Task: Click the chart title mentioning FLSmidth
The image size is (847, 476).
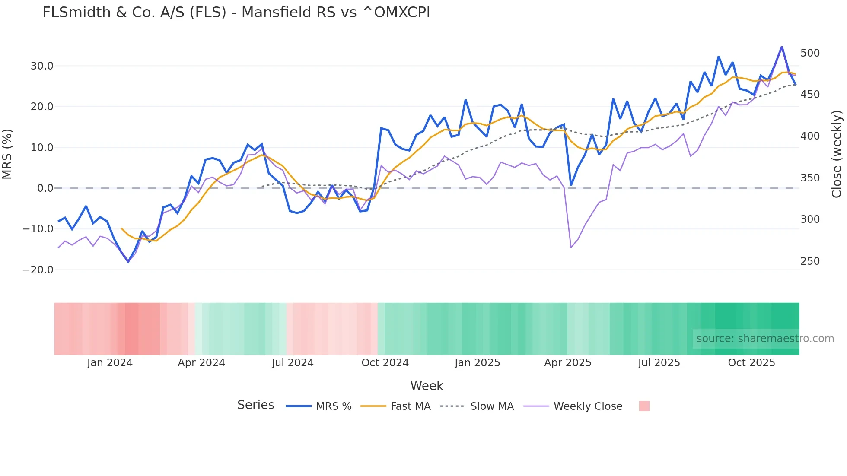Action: pos(236,13)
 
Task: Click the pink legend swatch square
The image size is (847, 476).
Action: pos(644,406)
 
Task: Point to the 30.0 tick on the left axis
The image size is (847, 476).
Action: pos(42,66)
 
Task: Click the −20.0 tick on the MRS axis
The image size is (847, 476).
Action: pos(38,270)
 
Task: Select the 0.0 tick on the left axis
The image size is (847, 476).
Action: pos(45,188)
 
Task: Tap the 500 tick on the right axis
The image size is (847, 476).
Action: pos(810,53)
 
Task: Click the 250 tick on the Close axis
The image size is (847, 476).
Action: pos(810,261)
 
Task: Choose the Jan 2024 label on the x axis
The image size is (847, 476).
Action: pos(110,363)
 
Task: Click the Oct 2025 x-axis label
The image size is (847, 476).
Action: pos(751,363)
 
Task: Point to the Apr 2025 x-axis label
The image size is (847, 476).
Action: pos(567,363)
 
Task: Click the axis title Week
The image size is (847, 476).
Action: pos(427,386)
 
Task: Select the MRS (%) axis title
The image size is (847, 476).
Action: pos(7,154)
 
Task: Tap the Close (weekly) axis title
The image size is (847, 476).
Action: pos(837,154)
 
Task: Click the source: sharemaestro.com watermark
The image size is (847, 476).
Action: pos(765,339)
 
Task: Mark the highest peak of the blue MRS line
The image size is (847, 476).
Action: pos(782,47)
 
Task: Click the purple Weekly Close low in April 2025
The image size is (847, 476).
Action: pos(571,248)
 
